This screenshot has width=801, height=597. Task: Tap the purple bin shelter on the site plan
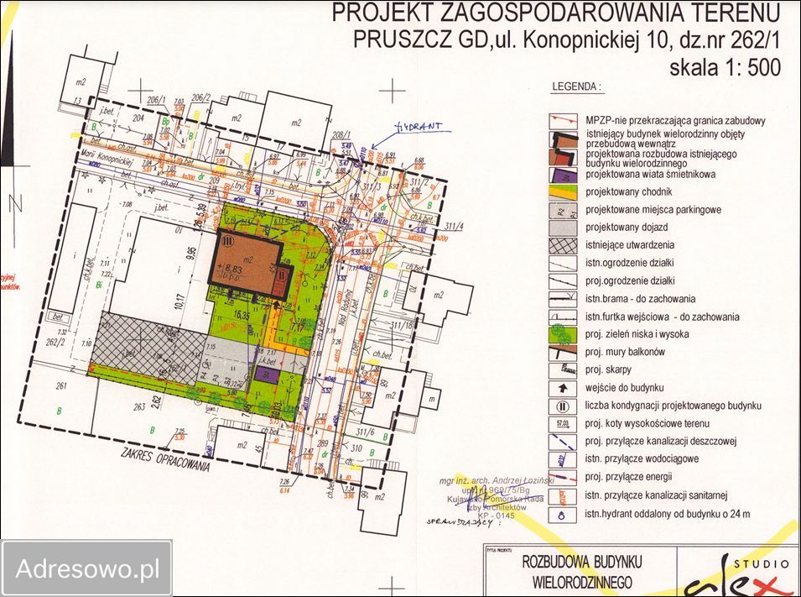pyautogui.click(x=267, y=375)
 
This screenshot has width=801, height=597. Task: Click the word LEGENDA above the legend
pyautogui.click(x=576, y=86)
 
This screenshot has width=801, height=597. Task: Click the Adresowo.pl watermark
pyautogui.click(x=87, y=569)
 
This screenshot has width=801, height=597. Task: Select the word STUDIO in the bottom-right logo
pyautogui.click(x=761, y=563)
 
